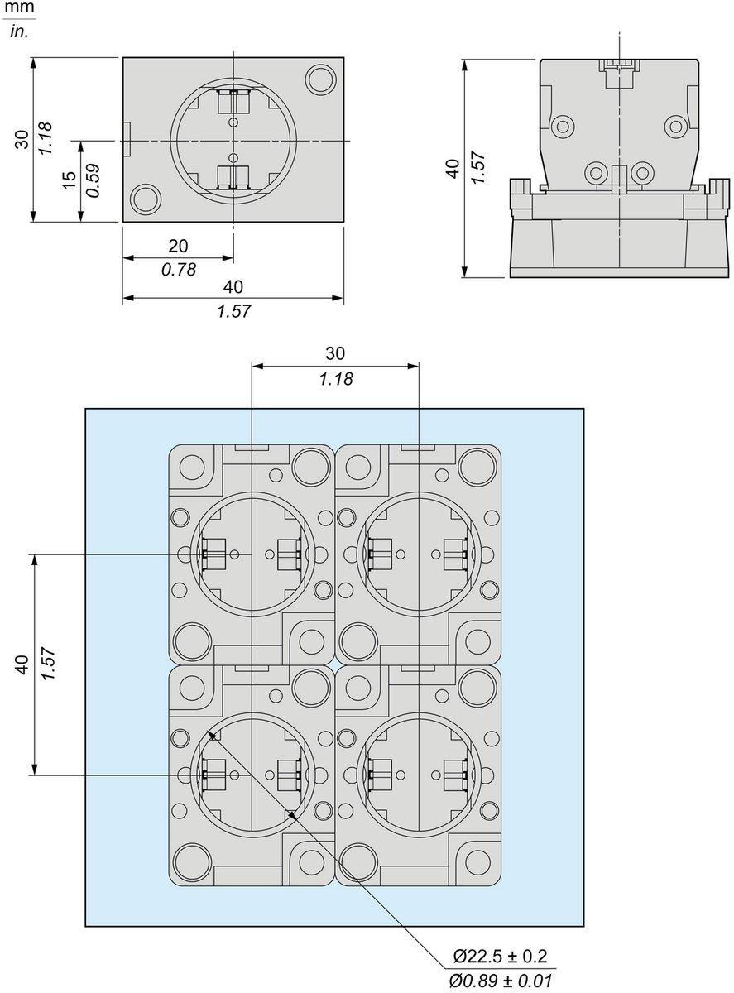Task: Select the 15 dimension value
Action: click(70, 180)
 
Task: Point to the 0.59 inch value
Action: click(94, 180)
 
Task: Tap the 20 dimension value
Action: click(178, 246)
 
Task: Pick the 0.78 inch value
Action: click(178, 269)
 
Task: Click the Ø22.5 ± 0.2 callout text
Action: click(500, 957)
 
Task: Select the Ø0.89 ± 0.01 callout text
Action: click(500, 981)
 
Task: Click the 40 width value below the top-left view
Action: click(233, 287)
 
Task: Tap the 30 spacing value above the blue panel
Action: click(334, 353)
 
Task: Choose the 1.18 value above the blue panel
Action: click(334, 378)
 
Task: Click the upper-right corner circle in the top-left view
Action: click(319, 79)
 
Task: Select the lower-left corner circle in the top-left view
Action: click(146, 199)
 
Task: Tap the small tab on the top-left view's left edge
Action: click(127, 140)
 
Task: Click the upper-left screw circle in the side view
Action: click(564, 127)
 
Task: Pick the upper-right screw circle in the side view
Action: click(676, 127)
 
